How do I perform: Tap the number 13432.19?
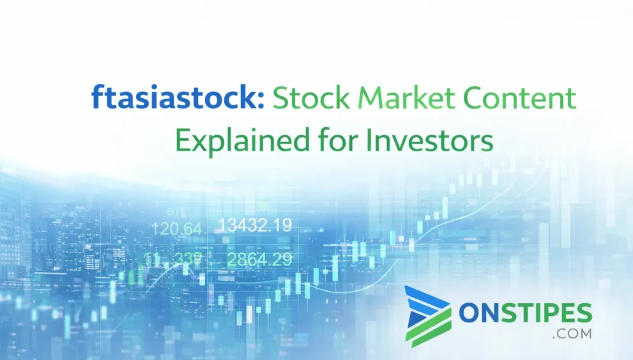pyautogui.click(x=255, y=225)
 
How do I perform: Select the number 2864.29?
pyautogui.click(x=260, y=259)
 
